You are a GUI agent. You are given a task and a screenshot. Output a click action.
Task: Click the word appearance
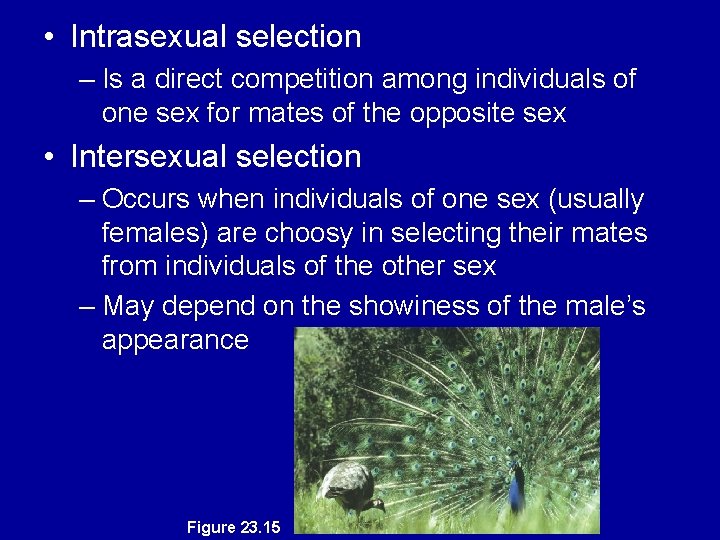[x=175, y=340]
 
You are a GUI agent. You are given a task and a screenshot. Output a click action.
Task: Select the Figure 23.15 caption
[x=233, y=527]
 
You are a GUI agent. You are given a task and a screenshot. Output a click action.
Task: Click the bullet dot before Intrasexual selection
[x=49, y=38]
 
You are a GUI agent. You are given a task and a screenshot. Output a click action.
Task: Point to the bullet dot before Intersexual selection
[x=49, y=158]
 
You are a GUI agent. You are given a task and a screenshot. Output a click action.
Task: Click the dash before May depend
[x=87, y=305]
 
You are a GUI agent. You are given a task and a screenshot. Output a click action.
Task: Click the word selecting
[x=439, y=234]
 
